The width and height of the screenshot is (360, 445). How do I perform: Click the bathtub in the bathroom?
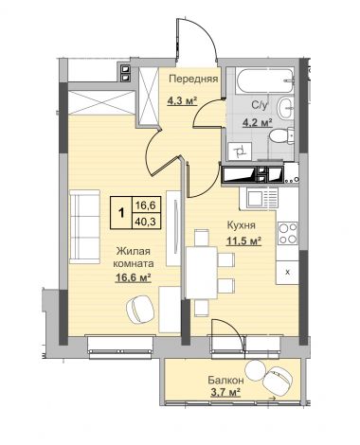(264, 80)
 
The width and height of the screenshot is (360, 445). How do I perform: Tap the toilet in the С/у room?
(282, 136)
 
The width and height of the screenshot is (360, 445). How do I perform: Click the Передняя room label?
(193, 79)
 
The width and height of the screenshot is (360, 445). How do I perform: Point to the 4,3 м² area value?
(182, 101)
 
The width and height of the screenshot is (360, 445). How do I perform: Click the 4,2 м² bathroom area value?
(258, 122)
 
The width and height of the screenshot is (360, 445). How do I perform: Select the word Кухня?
(242, 225)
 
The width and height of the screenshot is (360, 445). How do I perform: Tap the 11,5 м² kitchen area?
(243, 241)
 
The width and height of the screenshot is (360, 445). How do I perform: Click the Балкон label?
(225, 381)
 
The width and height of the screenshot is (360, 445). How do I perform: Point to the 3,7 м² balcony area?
(225, 392)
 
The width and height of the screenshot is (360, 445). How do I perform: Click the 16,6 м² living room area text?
(133, 277)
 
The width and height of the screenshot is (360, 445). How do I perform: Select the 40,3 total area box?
(145, 222)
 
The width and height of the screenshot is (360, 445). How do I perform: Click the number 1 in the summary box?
(120, 212)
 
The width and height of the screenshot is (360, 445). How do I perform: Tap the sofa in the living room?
(84, 226)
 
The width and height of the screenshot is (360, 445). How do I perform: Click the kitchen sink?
(259, 199)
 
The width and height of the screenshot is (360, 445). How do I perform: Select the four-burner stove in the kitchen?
(288, 233)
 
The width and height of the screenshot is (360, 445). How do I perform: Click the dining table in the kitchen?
(202, 273)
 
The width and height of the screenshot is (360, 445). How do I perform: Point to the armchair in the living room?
(140, 309)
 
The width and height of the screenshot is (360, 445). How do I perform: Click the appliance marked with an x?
(287, 273)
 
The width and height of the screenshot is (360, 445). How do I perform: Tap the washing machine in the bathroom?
(240, 151)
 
